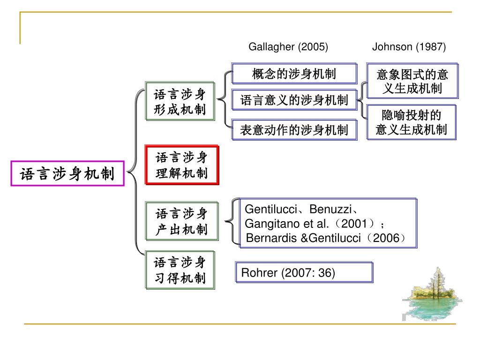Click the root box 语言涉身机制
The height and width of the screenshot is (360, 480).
(67, 174)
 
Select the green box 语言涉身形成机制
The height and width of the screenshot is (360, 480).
(180, 103)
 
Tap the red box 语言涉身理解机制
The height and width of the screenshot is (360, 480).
(182, 165)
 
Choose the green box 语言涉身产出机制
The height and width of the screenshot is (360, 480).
(181, 222)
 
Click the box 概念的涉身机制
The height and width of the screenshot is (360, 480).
(294, 74)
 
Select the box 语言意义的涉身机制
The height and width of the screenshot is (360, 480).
(294, 100)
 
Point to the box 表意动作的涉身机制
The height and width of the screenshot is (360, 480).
(294, 130)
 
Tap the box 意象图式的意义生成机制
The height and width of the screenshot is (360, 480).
(412, 81)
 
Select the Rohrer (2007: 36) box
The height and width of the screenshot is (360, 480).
(304, 272)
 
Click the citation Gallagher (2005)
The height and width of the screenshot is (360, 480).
(288, 47)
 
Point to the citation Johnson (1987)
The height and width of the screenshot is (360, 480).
(409, 47)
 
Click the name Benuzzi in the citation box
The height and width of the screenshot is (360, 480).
(330, 209)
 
